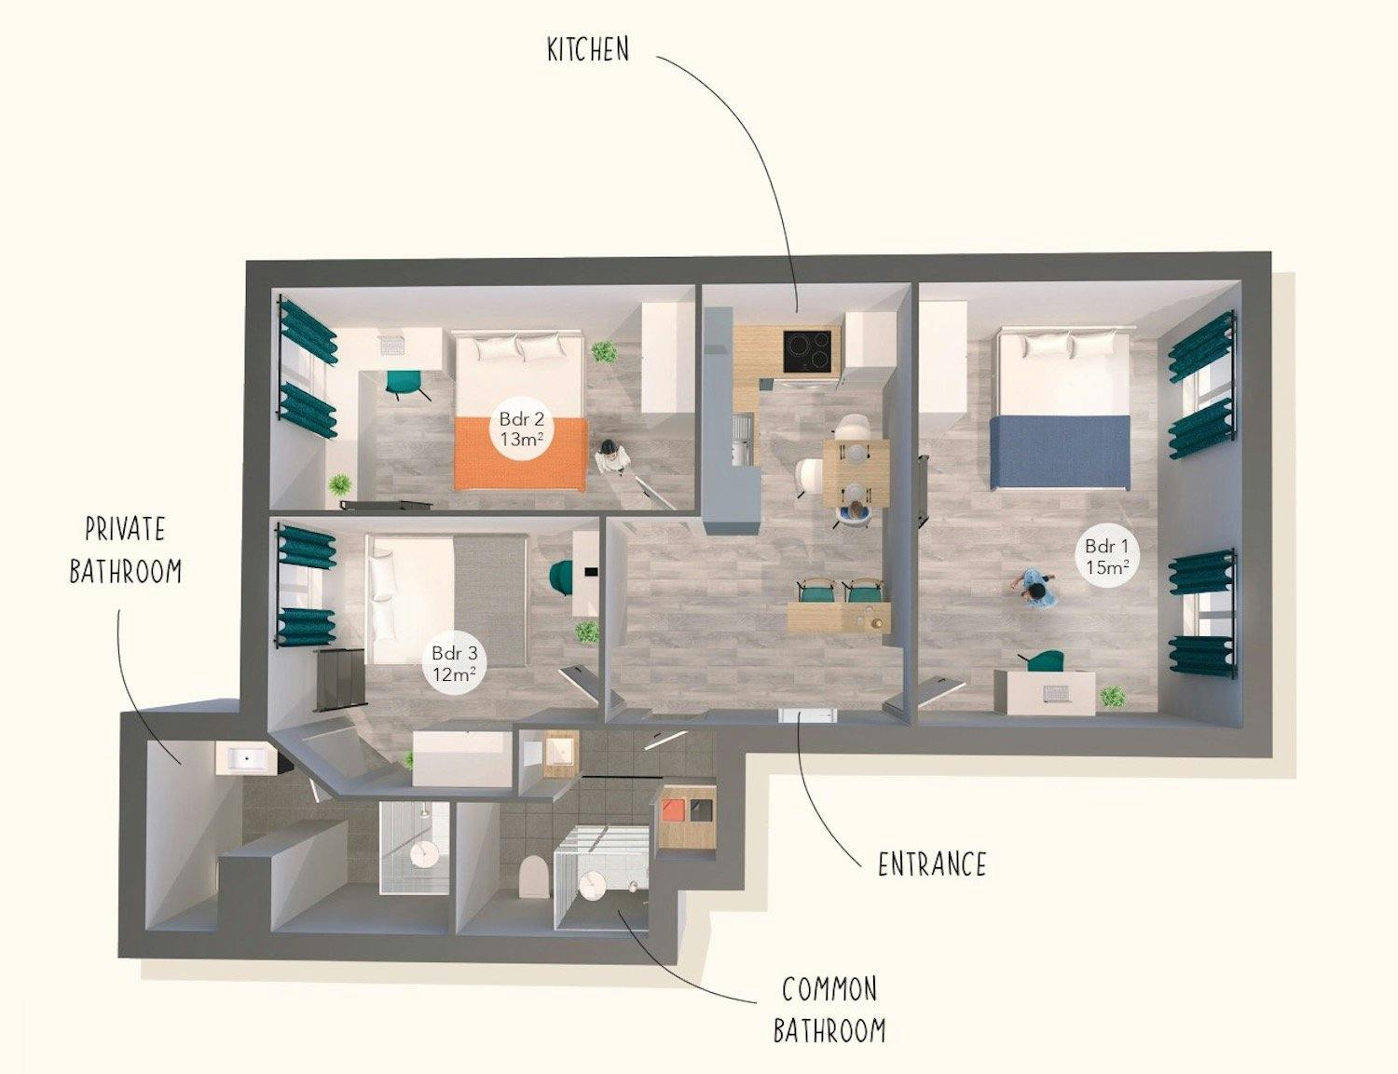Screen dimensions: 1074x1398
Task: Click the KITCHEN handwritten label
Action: click(588, 49)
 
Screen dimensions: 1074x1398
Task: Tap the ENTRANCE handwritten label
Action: click(931, 864)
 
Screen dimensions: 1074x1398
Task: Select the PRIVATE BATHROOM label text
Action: click(125, 550)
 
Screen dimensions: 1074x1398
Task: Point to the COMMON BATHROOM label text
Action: click(829, 1009)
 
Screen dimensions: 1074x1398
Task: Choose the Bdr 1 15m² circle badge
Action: click(1107, 556)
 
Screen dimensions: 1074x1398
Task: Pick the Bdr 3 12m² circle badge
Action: click(454, 663)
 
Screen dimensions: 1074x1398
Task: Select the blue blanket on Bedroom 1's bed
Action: click(1061, 452)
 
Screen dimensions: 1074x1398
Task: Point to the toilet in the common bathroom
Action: click(531, 876)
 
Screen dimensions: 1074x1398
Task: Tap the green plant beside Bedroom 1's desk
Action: click(1111, 696)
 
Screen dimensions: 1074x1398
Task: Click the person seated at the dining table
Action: click(854, 511)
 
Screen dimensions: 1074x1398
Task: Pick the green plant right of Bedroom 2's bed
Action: click(605, 352)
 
